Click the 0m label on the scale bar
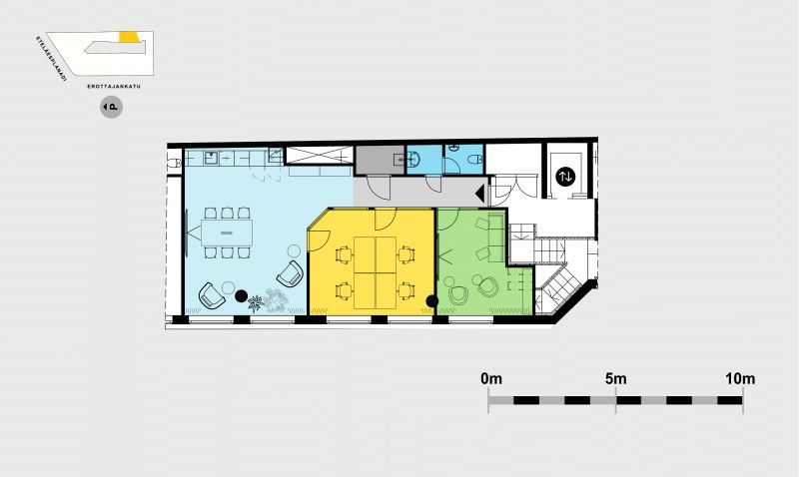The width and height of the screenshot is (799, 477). pos(491,379)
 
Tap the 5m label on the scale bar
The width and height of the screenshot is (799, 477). pos(616,379)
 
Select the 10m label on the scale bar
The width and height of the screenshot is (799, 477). pos(740,379)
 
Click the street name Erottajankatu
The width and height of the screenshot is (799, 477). pos(114,87)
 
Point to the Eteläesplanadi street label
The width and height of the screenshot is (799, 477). pos(52,58)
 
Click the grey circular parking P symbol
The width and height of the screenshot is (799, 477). pos(111,107)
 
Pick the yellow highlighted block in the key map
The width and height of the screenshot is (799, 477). pos(129,37)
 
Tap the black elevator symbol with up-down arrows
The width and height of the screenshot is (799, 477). pos(565,177)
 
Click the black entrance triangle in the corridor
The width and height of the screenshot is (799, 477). pos(480,194)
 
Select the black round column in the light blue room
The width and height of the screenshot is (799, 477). pos(241,295)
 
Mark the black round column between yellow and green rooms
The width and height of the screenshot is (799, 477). pos(432,301)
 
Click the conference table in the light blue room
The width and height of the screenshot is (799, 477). pos(227,233)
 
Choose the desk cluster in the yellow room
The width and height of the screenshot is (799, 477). pos(376,272)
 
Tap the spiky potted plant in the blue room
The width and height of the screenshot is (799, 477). pos(256,303)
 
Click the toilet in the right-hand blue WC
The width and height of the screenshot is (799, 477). pos(474,159)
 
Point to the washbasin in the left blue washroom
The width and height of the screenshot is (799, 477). pos(413,160)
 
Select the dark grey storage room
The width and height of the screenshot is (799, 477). pos(381,160)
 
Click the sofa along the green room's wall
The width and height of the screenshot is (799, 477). pos(495,238)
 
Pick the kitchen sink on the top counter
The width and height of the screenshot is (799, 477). pos(211,158)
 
